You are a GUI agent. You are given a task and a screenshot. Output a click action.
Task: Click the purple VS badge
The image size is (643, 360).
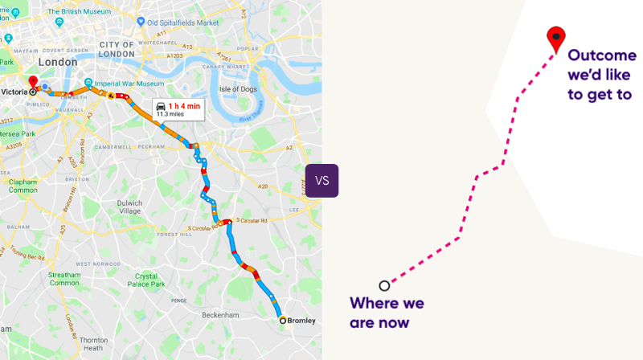(x=321, y=181)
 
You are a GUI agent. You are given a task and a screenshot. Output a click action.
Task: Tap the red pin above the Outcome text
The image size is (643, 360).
(x=555, y=37)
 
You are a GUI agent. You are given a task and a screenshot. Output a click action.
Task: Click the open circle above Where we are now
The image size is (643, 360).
(x=384, y=285)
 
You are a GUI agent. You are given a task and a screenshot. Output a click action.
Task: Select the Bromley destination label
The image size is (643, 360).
(x=300, y=321)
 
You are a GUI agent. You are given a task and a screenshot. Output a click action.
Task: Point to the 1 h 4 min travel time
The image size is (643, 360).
(x=183, y=106)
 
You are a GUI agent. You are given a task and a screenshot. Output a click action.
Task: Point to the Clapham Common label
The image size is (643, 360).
(x=23, y=186)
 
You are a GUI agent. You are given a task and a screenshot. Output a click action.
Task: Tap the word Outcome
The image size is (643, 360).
(x=602, y=55)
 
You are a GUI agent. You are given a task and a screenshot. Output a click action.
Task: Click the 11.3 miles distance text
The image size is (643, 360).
(x=172, y=114)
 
